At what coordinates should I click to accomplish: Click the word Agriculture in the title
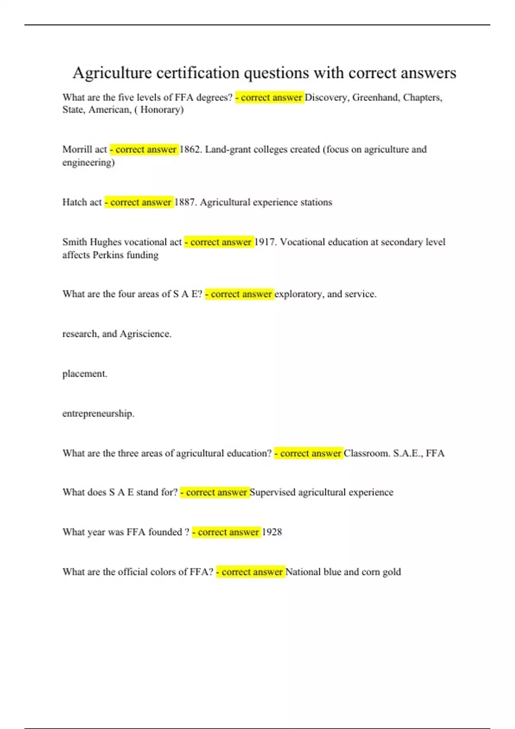(x=112, y=73)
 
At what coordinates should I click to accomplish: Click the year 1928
(x=272, y=532)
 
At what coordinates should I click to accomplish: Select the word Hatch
(x=75, y=202)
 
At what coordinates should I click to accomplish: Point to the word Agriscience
(x=145, y=334)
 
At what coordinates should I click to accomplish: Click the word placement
(x=85, y=374)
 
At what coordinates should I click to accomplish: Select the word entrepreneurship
(x=98, y=414)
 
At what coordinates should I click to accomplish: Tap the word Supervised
(x=272, y=492)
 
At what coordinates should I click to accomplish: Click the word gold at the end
(x=391, y=572)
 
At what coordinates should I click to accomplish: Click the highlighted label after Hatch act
(x=139, y=202)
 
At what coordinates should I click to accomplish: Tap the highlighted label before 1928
(x=226, y=532)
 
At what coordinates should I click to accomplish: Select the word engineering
(x=88, y=163)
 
